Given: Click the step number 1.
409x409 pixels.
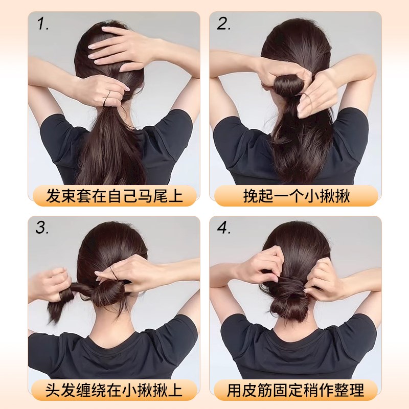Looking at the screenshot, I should point(42,24).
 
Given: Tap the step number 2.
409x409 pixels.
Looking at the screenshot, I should point(224,24).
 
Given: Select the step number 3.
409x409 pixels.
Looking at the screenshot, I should point(42,228).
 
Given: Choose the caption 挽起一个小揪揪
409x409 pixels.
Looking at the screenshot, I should point(296,196).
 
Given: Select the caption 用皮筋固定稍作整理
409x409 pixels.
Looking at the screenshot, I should point(296,391).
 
